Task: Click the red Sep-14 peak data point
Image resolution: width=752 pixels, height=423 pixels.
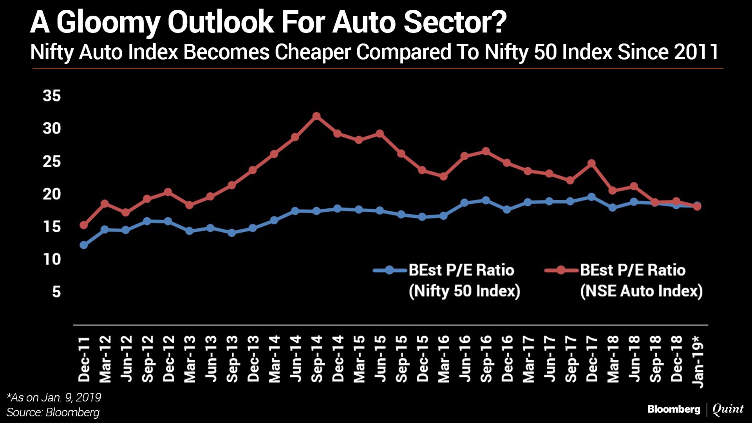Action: [x=316, y=116]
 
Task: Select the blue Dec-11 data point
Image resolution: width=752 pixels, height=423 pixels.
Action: [x=84, y=245]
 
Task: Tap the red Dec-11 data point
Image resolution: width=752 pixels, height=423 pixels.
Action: [x=84, y=225]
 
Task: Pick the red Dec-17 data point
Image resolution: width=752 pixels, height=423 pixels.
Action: [x=591, y=163]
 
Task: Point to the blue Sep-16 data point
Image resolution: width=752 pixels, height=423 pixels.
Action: [x=486, y=201]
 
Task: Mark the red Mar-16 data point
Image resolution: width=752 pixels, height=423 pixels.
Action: [x=443, y=176]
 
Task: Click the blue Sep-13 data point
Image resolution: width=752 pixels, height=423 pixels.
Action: [x=232, y=233]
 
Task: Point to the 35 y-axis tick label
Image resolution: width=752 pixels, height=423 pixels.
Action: [x=52, y=96]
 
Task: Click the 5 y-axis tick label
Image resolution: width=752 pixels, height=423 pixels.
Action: [x=56, y=292]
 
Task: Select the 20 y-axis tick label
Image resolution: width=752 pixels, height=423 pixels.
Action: [x=52, y=194]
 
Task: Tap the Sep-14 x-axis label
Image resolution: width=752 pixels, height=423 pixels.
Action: [x=316, y=358]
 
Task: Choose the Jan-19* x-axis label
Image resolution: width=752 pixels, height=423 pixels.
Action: [x=698, y=361]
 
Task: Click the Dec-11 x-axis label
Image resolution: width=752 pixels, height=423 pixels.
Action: [x=84, y=358]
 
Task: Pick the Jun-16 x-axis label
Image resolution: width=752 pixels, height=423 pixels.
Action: [x=465, y=358]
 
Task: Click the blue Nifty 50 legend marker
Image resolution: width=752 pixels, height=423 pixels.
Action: [x=389, y=270]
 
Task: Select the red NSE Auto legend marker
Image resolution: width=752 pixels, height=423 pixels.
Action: [x=561, y=270]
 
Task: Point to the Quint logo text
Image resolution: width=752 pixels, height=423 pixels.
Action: [x=728, y=409]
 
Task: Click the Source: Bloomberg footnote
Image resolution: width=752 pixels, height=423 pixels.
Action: [x=53, y=412]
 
